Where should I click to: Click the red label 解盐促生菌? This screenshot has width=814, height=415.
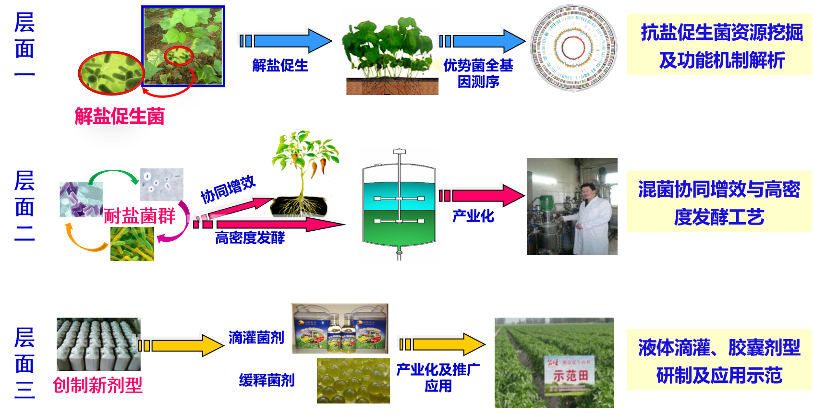coord(120,116)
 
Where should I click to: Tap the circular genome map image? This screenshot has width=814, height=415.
coord(574,48)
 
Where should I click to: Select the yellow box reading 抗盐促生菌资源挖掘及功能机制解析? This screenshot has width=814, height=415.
coord(719,45)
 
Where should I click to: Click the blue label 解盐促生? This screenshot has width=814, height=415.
coord(280,66)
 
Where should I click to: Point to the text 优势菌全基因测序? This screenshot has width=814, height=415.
coord(478,73)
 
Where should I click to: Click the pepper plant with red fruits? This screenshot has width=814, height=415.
coord(304,173)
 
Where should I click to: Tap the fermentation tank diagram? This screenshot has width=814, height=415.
coord(398,205)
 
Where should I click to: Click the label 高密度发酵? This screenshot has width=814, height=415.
coord(250,237)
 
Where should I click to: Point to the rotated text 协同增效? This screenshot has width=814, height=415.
coord(228,189)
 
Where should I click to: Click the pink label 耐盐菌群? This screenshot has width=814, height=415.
coord(139,216)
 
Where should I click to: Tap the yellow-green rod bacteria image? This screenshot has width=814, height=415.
coord(132,244)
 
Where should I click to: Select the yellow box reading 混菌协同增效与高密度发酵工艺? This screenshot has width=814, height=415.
coord(719,202)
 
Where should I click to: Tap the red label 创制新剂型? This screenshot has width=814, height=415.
coord(97,385)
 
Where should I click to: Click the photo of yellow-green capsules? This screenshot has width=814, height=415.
coord(353,380)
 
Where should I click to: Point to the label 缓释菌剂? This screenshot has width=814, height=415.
coord(267,380)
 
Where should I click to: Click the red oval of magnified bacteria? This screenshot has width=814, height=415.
coord(111,73)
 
